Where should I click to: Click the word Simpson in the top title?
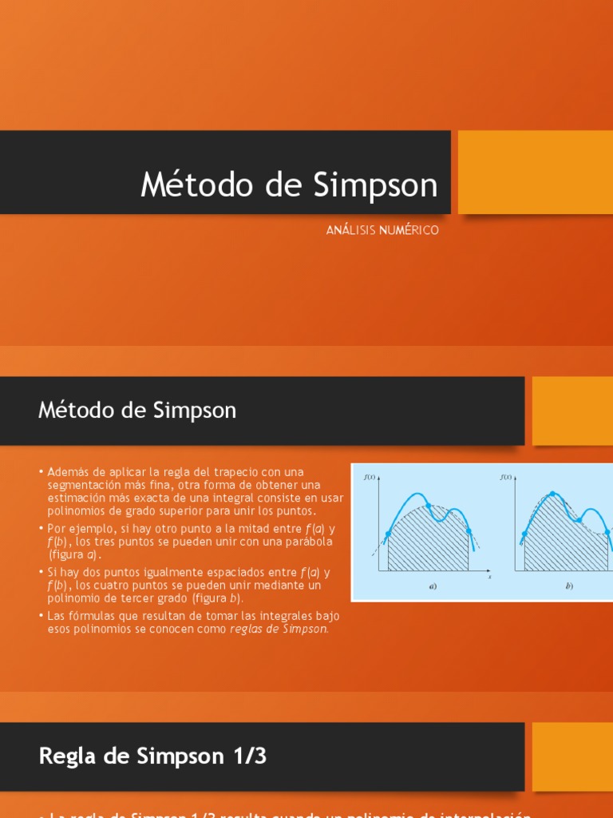(x=375, y=185)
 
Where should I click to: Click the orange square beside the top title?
(x=535, y=172)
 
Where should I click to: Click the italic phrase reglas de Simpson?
(x=279, y=628)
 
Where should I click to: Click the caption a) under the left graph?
(x=433, y=586)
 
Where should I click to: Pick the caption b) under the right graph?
(x=569, y=586)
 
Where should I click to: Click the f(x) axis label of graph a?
(x=369, y=478)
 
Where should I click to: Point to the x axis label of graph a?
(x=490, y=576)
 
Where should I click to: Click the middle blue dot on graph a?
(x=429, y=506)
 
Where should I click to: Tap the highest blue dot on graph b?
(x=552, y=494)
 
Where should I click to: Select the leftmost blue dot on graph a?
(x=388, y=534)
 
